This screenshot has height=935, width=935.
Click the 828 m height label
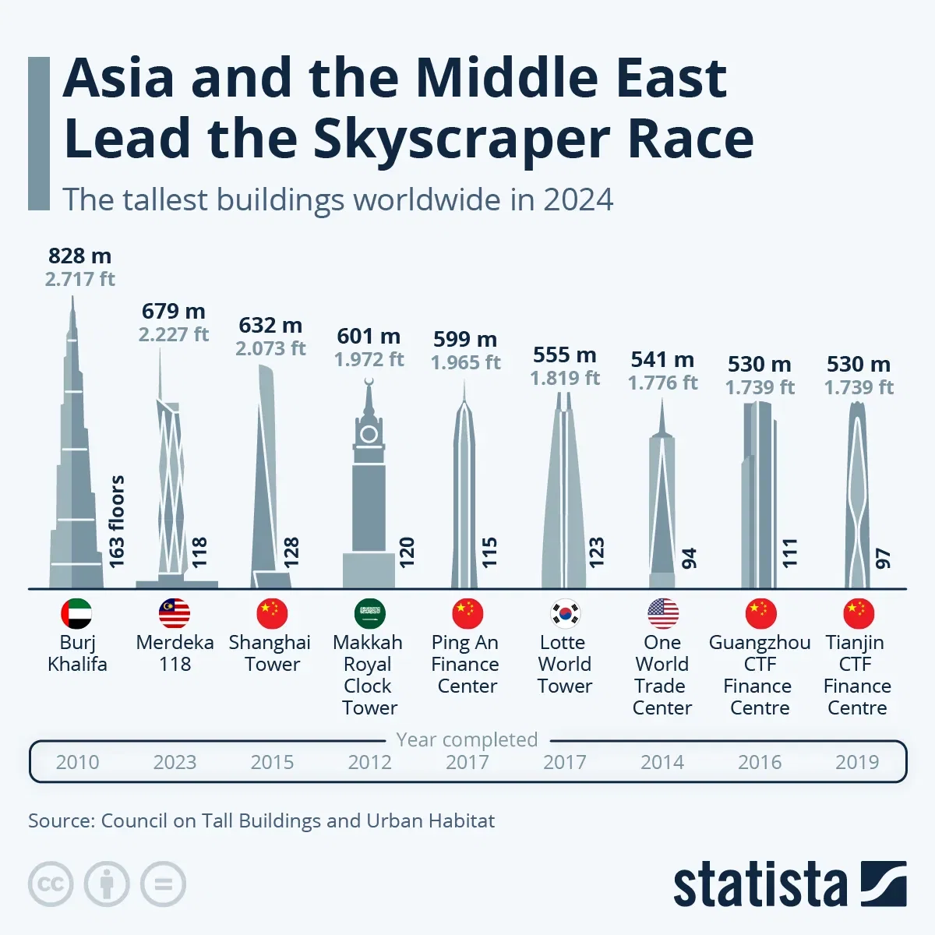79,256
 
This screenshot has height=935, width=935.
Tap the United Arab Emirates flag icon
76,614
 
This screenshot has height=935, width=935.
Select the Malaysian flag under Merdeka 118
175,614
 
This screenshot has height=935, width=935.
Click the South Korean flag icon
565,614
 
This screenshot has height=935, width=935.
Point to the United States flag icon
663,614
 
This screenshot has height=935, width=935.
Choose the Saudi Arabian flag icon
369,614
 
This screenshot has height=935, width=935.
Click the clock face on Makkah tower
369,434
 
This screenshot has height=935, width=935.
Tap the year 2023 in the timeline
175,762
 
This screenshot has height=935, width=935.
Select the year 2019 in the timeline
857,762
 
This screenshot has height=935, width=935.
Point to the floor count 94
690,558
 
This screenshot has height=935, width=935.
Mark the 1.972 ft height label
369,359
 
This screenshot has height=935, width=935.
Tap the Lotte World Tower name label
564,664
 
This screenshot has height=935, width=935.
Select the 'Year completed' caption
467,739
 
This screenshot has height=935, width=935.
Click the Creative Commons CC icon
51,884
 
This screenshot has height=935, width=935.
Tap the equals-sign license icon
163,884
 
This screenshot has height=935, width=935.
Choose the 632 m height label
270,325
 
